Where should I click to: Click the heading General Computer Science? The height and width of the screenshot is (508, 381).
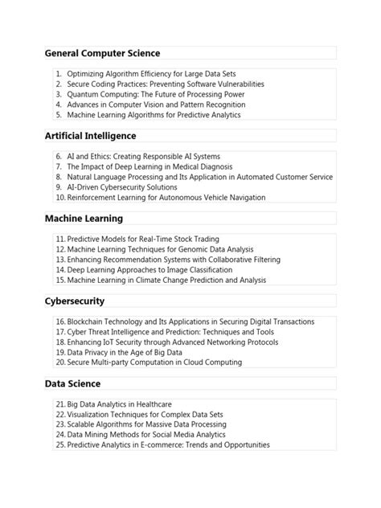[102, 53]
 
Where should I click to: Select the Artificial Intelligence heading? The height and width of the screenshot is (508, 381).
[91, 136]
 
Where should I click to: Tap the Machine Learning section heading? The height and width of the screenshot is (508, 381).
[84, 218]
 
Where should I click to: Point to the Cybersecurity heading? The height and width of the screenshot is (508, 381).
[75, 301]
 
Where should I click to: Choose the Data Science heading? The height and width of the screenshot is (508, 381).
[72, 383]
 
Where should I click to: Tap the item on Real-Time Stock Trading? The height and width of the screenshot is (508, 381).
[147, 240]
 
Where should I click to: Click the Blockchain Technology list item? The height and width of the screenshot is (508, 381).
[190, 322]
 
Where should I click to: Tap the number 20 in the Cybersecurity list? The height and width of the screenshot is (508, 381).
[60, 362]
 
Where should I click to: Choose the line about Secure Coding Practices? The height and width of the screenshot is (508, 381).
[165, 84]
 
